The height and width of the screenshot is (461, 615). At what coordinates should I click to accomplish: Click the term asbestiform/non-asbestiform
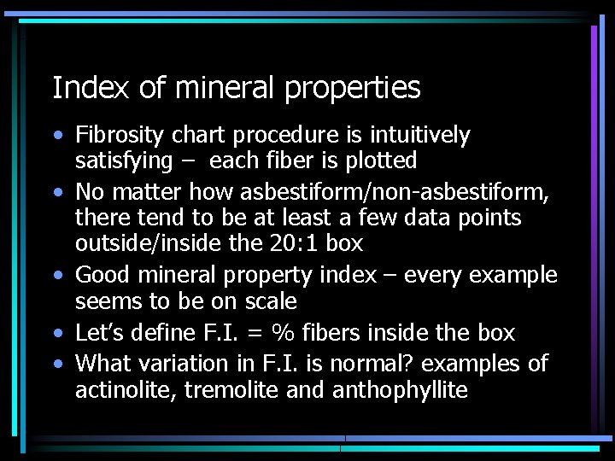395,191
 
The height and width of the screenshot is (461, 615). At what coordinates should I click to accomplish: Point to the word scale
268,301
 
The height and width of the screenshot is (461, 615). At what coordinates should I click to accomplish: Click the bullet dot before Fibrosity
56,136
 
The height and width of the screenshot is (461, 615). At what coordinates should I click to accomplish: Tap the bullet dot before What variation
56,364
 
